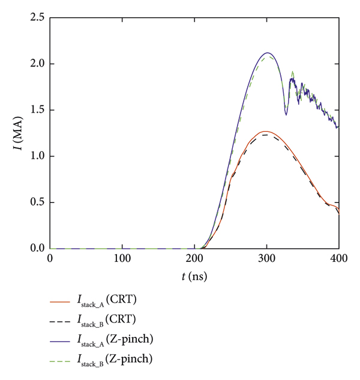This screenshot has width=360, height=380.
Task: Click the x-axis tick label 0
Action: point(50,259)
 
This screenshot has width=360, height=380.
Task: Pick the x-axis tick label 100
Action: point(122,259)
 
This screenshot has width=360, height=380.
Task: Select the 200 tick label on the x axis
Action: point(194,259)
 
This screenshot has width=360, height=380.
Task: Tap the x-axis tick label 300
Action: point(267,259)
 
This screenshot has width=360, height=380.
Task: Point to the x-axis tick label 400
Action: point(339,259)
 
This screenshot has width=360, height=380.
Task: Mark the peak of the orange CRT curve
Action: point(266,131)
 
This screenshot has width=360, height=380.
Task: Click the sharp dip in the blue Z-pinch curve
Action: point(286,114)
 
